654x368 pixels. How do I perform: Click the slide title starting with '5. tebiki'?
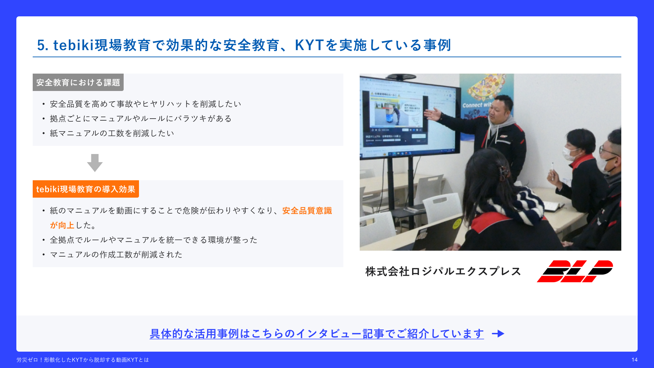(244, 45)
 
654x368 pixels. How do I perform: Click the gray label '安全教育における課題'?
(78, 82)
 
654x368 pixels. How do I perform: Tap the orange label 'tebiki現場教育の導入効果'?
(86, 189)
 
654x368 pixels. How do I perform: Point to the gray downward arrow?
(95, 163)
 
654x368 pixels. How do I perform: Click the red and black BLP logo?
(575, 271)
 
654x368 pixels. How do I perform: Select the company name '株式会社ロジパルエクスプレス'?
(443, 271)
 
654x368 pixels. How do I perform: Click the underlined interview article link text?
(317, 334)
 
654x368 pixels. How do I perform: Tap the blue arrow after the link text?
(498, 334)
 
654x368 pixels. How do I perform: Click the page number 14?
(634, 360)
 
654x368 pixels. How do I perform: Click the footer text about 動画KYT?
(83, 360)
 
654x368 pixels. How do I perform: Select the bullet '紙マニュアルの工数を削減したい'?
(112, 133)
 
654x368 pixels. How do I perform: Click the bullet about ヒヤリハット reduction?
(145, 104)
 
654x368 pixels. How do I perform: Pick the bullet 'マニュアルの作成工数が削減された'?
(116, 255)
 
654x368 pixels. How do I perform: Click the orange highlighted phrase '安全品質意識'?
(307, 211)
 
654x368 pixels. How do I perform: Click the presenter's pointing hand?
(433, 114)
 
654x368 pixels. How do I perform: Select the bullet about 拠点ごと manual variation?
(141, 119)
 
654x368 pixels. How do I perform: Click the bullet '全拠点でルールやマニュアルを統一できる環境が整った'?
(154, 240)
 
